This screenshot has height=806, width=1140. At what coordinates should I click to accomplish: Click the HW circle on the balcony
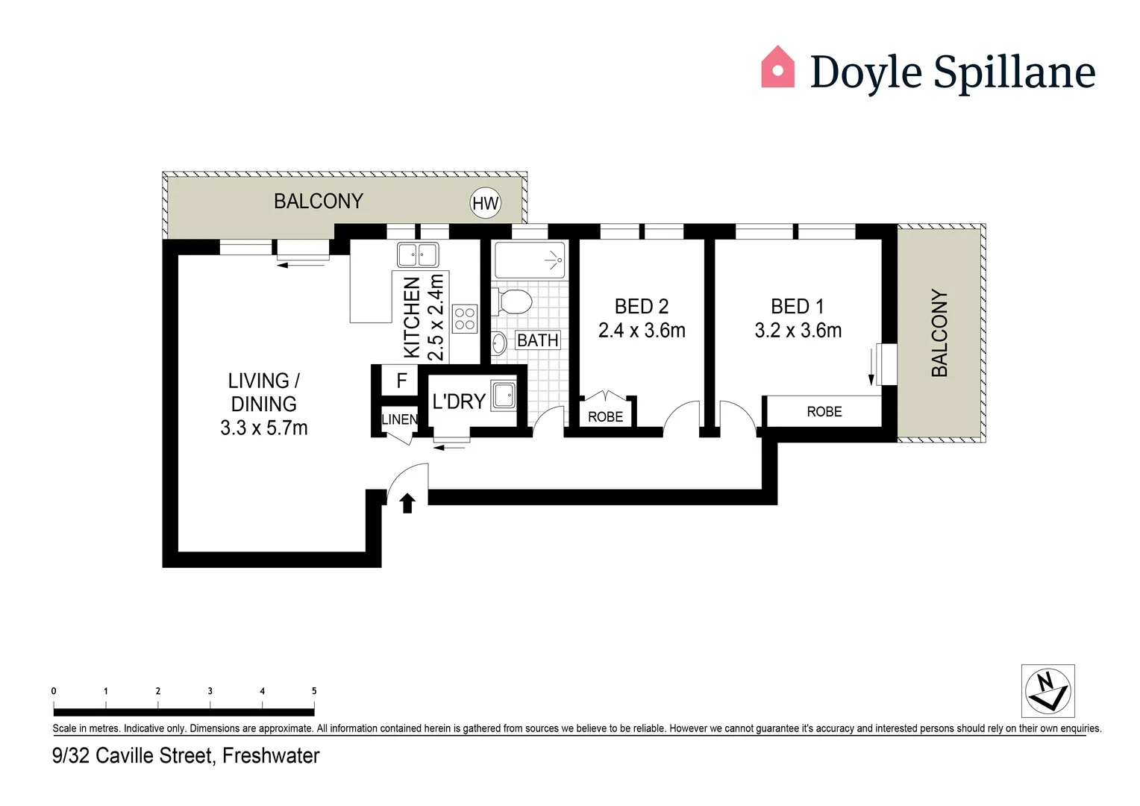485,203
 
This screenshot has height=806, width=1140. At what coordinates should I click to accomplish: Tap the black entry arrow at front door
407,504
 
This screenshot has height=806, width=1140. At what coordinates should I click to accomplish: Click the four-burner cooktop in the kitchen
465,319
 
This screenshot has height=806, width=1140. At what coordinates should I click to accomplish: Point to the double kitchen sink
418,254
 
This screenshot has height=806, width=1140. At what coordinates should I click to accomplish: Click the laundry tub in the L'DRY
504,396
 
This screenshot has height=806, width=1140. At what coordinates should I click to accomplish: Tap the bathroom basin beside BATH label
499,344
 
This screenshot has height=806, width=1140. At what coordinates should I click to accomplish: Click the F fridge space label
401,381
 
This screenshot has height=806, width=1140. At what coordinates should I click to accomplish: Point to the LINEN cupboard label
400,419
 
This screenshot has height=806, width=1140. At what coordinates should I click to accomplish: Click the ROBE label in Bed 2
605,417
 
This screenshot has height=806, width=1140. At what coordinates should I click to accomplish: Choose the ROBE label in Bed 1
824,412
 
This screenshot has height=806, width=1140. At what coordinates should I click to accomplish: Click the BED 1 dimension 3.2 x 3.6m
798,331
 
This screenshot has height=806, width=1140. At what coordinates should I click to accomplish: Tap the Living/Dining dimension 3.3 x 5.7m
263,428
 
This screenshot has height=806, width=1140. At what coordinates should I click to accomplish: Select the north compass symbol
1047,691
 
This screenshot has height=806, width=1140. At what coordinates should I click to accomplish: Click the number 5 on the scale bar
314,691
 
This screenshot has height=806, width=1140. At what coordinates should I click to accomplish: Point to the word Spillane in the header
1014,72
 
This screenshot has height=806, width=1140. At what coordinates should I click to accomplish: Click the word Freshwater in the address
271,756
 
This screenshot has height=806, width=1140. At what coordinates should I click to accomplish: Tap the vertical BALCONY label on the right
939,333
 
